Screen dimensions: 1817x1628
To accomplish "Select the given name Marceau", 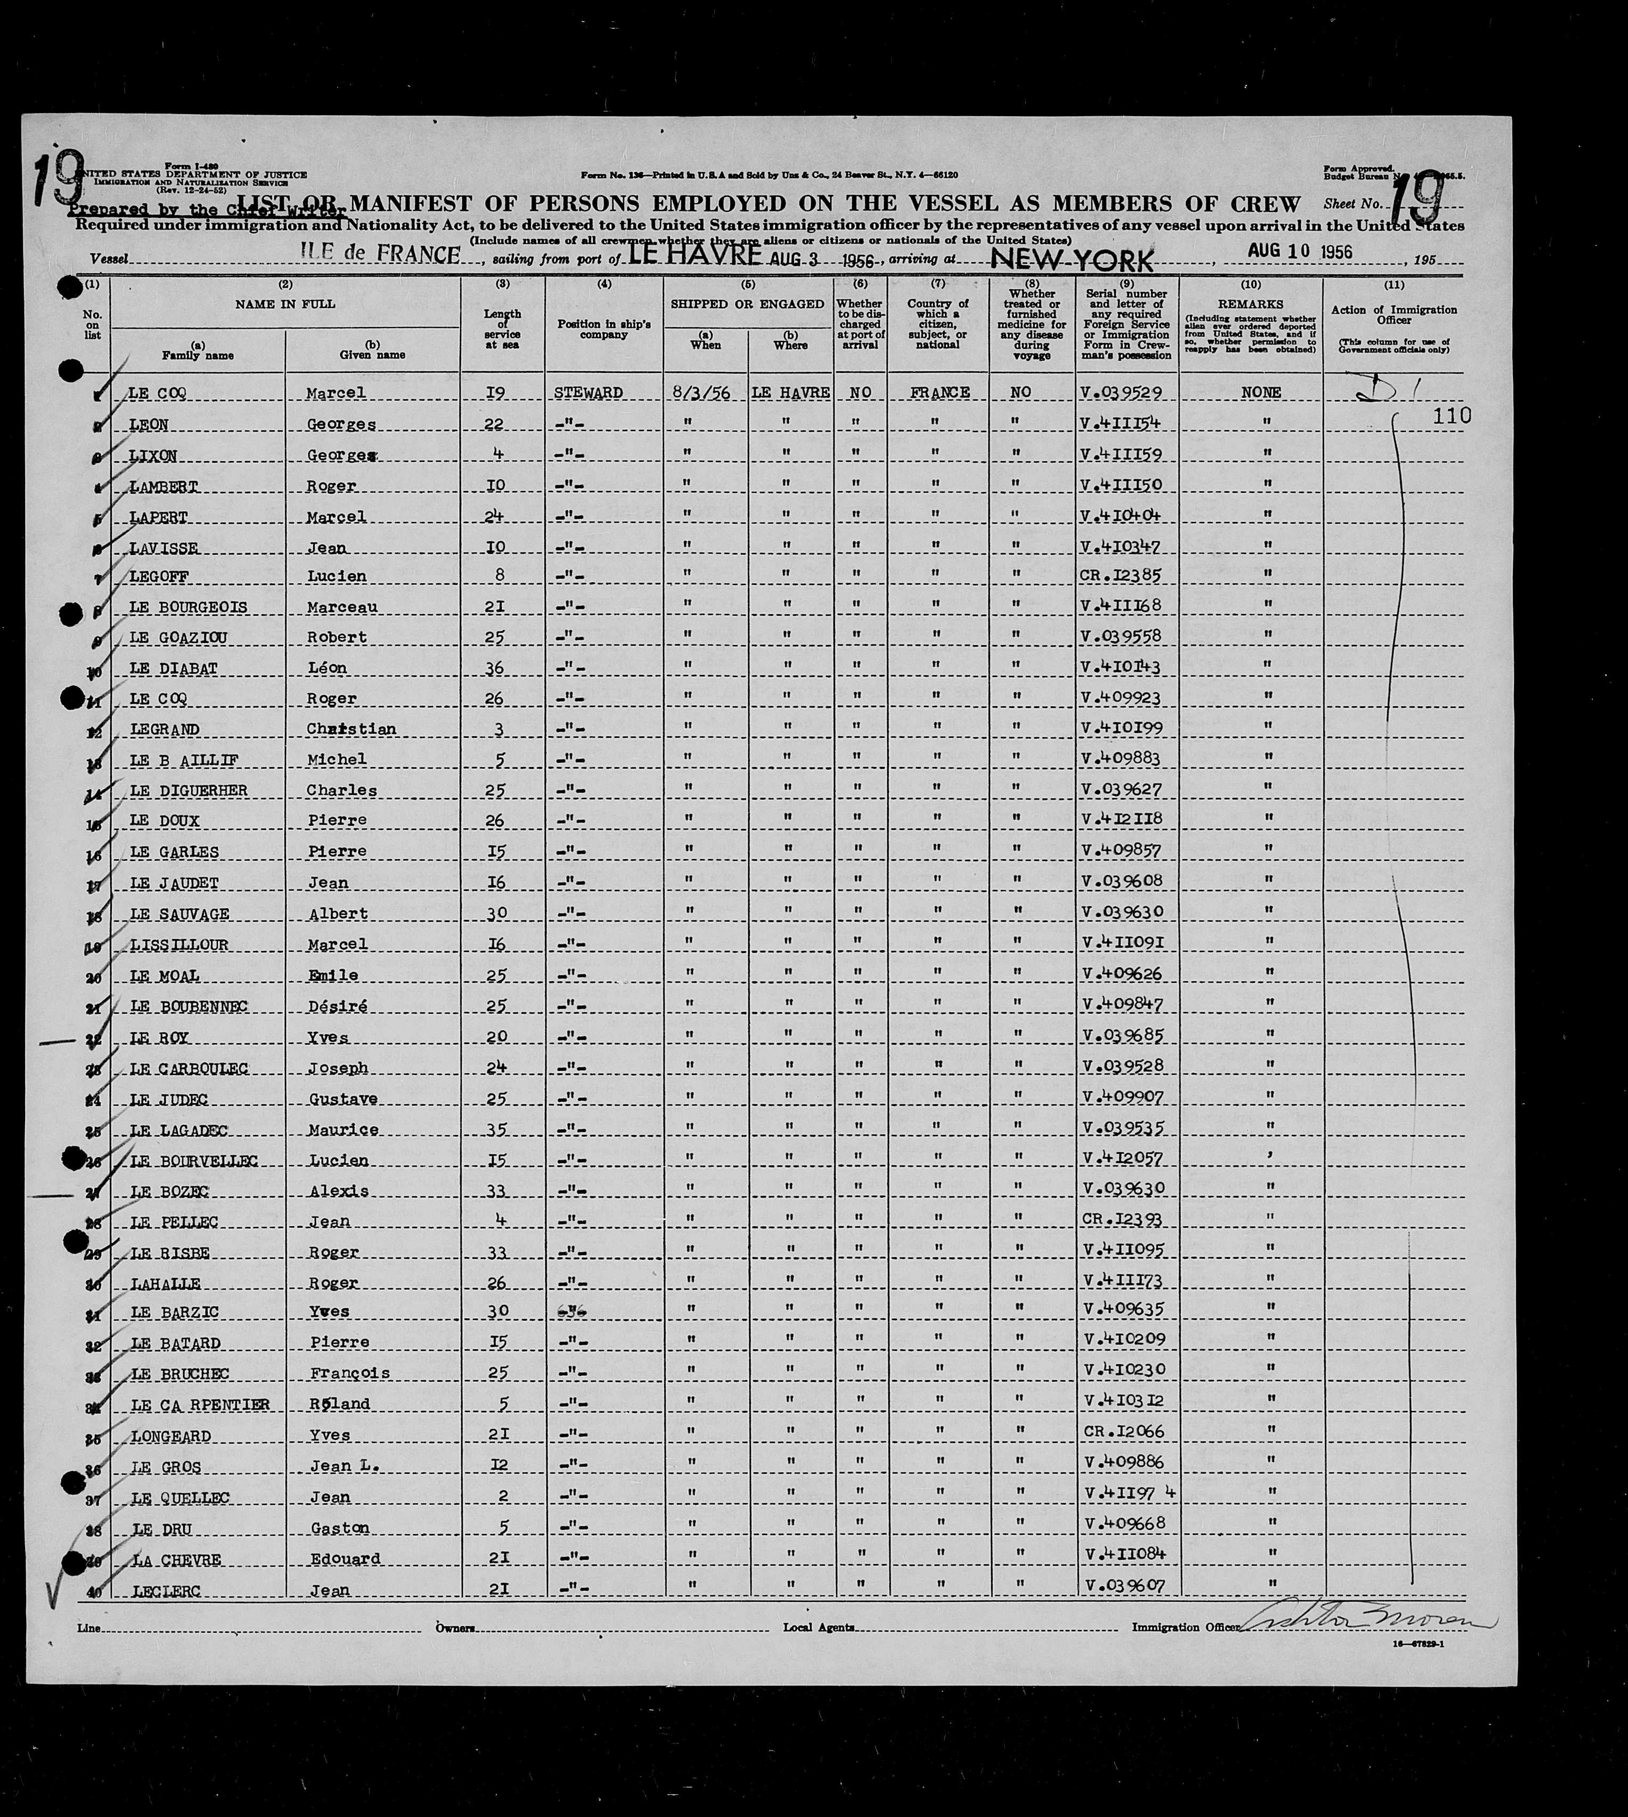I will [x=342, y=607].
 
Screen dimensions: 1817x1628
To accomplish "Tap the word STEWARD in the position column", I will [x=588, y=393].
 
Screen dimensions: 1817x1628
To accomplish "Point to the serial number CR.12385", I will [x=1122, y=575].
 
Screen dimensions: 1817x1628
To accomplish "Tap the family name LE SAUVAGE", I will [x=180, y=914].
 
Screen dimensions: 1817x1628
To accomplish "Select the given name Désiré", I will [x=337, y=1006].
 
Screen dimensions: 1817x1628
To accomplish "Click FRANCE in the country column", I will [x=937, y=393].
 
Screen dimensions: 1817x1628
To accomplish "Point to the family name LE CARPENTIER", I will [x=200, y=1405].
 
